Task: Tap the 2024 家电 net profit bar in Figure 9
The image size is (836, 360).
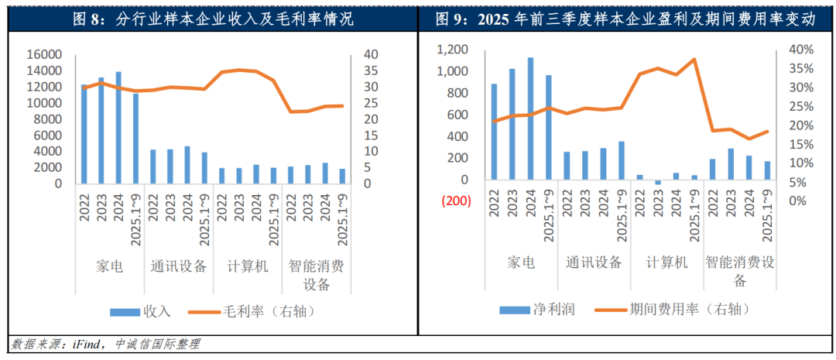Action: (x=530, y=118)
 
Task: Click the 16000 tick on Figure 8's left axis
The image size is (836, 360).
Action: (x=46, y=55)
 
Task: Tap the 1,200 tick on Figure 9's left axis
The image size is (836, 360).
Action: (x=453, y=50)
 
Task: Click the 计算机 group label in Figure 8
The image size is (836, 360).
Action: (x=247, y=266)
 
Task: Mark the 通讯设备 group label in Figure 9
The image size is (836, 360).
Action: (x=594, y=262)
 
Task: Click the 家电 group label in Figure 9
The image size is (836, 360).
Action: (x=521, y=262)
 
